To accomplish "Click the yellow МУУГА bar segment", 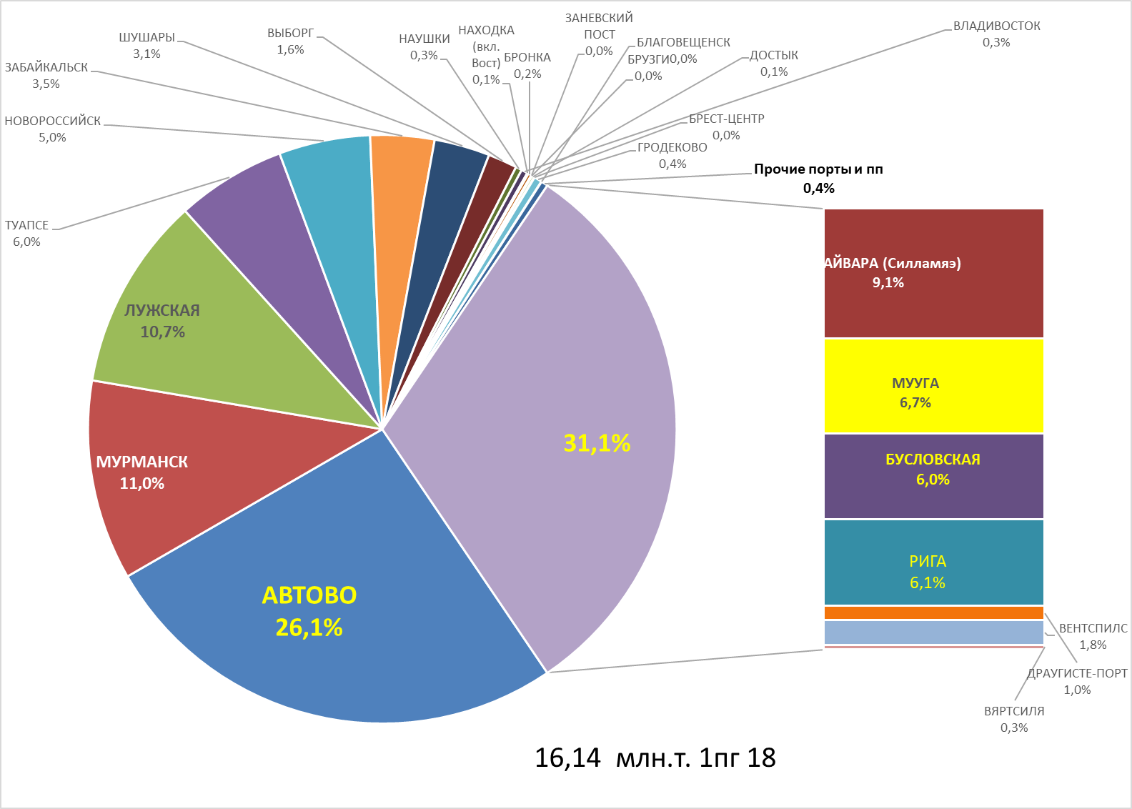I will (x=933, y=386).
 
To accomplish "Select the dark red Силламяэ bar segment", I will (x=933, y=273).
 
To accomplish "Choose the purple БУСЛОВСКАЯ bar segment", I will (x=933, y=476).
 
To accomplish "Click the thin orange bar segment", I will (x=933, y=612).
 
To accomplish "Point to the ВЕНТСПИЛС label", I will (x=1093, y=629).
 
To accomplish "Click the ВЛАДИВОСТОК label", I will (x=996, y=26).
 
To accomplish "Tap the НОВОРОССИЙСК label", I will (x=53, y=121).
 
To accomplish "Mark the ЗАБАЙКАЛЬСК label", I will (x=46, y=68).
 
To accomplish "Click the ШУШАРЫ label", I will (x=147, y=38).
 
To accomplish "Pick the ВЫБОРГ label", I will (x=290, y=34).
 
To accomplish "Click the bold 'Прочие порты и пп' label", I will (x=818, y=170).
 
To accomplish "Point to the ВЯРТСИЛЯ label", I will (x=1014, y=712).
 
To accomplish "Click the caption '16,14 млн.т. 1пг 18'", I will (x=655, y=758).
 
